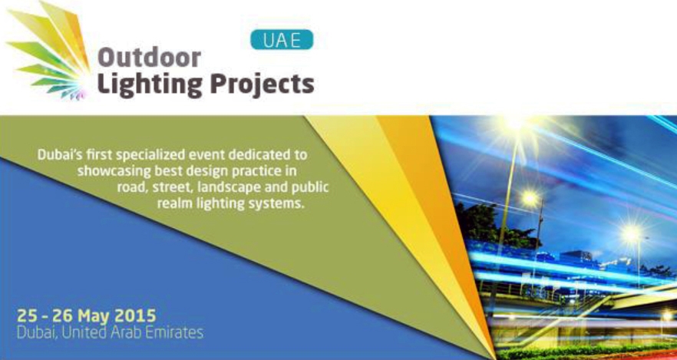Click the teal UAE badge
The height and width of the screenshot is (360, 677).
(x=282, y=39)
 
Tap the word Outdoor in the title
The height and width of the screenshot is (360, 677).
(x=150, y=58)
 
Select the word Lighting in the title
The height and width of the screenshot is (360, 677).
(x=150, y=84)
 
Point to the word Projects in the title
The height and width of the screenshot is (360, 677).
(x=262, y=84)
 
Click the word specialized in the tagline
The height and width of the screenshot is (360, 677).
(x=145, y=155)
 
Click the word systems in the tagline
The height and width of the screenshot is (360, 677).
(x=279, y=204)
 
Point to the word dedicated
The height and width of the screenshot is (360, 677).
(x=265, y=154)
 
